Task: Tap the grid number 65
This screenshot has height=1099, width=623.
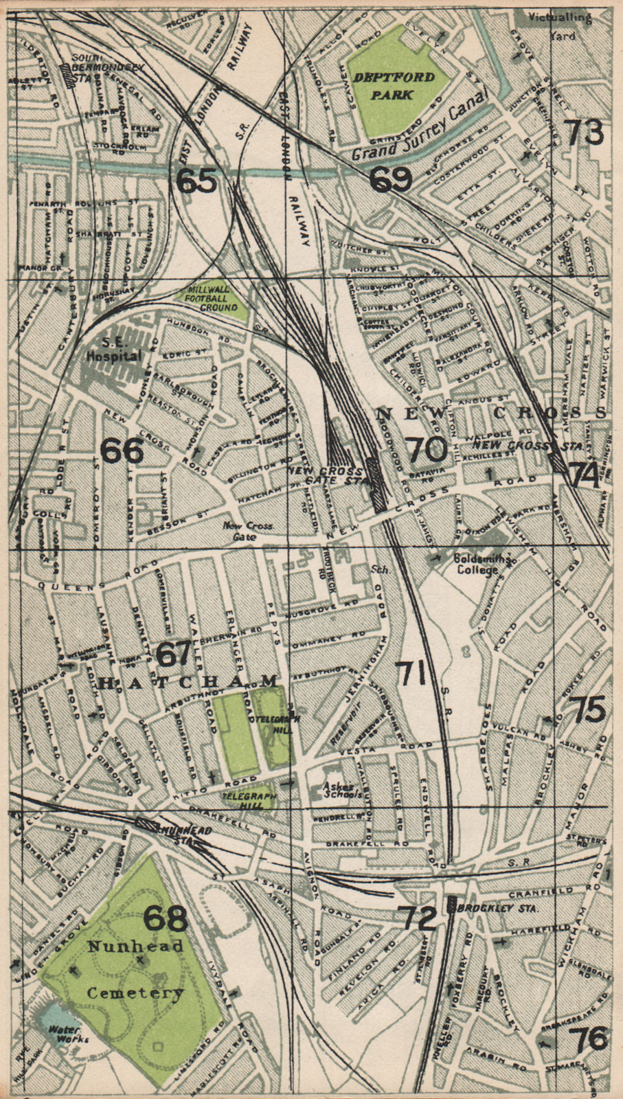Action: (x=196, y=181)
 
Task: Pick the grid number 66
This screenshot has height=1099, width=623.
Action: (x=122, y=451)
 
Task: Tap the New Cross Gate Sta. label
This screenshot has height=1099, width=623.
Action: (x=324, y=475)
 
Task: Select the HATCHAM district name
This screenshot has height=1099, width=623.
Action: (x=190, y=681)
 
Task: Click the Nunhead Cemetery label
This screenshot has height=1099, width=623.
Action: (x=135, y=969)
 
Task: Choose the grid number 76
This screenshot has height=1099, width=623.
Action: (x=590, y=1039)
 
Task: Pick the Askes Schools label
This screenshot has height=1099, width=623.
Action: (x=342, y=791)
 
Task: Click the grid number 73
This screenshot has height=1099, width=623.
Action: (x=584, y=132)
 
